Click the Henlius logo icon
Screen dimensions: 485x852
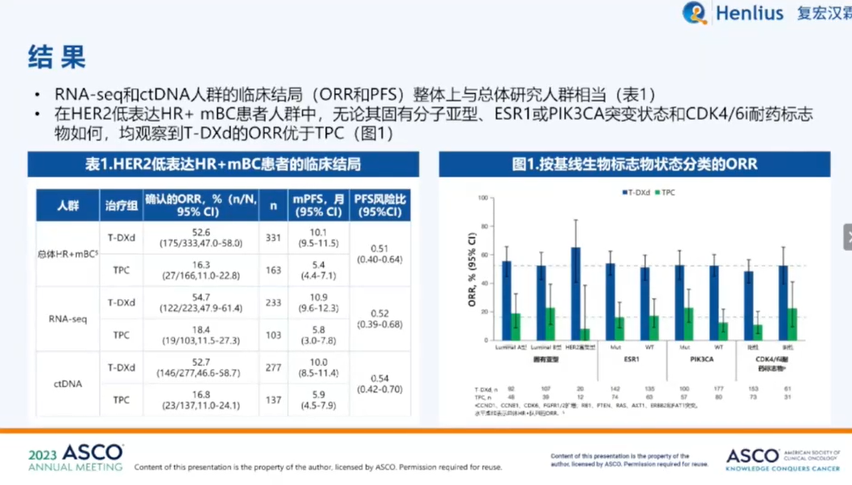coord(695,13)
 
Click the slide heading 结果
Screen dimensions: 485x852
coord(57,57)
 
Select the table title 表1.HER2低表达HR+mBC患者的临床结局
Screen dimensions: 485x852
coord(223,165)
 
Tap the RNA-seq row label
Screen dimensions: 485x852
coord(67,319)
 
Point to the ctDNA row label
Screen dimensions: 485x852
coord(67,384)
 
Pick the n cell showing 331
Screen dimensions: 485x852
coord(273,238)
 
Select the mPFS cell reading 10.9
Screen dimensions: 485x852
coord(319,303)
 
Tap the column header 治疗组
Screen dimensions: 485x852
coord(121,205)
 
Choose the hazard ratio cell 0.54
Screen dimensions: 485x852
coord(379,384)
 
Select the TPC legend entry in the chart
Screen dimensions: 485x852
coord(667,192)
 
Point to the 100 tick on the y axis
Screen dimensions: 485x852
coord(483,198)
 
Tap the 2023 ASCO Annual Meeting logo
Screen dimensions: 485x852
coord(75,457)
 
